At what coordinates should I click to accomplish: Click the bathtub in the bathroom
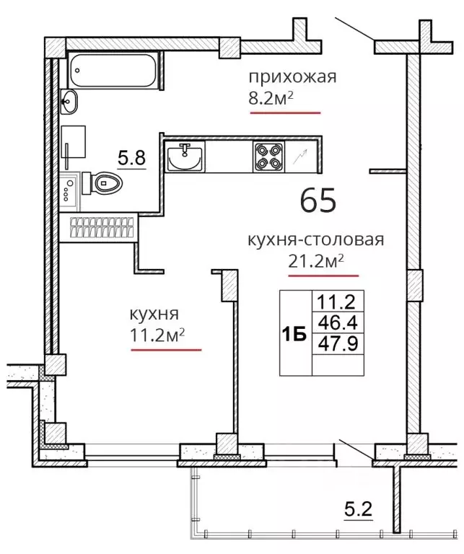pyautogui.click(x=113, y=70)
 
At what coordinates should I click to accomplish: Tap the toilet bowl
pyautogui.click(x=102, y=183)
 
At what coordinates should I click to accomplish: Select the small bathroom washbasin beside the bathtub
pyautogui.click(x=69, y=102)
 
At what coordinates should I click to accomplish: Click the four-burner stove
pyautogui.click(x=268, y=157)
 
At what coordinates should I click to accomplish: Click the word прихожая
pyautogui.click(x=292, y=76)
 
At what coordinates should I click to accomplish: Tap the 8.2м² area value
pyautogui.click(x=271, y=99)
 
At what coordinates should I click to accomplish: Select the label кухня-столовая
pyautogui.click(x=315, y=240)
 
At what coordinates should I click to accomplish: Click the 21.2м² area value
pyautogui.click(x=316, y=262)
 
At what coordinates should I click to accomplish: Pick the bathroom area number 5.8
pyautogui.click(x=131, y=158)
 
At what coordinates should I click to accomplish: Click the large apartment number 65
pyautogui.click(x=318, y=200)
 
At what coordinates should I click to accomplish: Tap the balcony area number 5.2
pyautogui.click(x=359, y=510)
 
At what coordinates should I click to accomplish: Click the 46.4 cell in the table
pyautogui.click(x=338, y=322)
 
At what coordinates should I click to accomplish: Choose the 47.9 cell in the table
pyautogui.click(x=338, y=343)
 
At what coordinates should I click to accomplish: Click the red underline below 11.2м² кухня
pyautogui.click(x=166, y=350)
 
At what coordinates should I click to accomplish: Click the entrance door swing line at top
pyautogui.click(x=354, y=29)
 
